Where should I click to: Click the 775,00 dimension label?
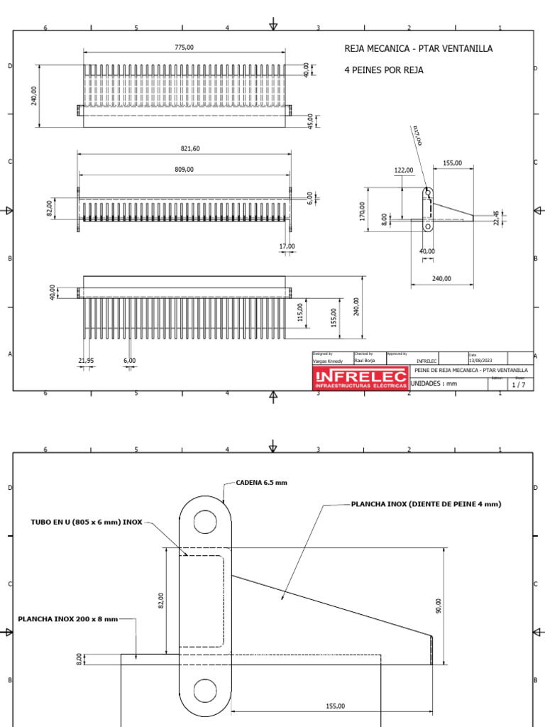184,47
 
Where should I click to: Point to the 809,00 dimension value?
184,170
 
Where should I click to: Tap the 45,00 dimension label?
310,121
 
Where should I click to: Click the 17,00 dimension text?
287,246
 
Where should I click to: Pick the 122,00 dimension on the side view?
404,170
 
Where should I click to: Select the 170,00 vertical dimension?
362,211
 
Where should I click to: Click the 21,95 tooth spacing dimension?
86,361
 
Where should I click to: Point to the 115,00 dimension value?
299,312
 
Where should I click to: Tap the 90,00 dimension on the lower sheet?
438,606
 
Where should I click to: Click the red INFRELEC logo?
360,378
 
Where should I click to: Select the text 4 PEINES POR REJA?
383,70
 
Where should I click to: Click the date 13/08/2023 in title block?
480,361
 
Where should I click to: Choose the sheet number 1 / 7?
519,384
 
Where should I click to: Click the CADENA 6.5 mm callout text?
262,482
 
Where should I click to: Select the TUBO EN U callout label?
87,522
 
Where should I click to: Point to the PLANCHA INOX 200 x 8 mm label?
68,618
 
